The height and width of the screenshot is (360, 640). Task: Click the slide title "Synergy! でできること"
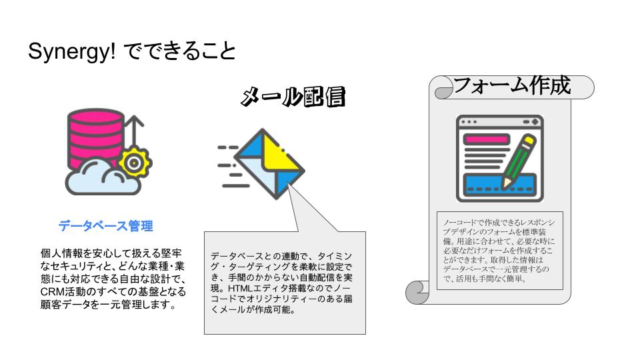(x=132, y=52)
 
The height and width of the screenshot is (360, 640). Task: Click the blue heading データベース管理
(x=105, y=226)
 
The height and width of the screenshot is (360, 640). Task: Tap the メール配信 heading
(x=293, y=97)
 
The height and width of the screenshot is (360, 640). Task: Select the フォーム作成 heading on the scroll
(x=512, y=86)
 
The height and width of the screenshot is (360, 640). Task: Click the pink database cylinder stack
(x=95, y=138)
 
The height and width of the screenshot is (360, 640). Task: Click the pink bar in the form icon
(x=487, y=140)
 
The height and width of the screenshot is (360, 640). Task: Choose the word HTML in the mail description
(x=241, y=288)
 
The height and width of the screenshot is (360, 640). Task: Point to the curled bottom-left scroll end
(x=417, y=291)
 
